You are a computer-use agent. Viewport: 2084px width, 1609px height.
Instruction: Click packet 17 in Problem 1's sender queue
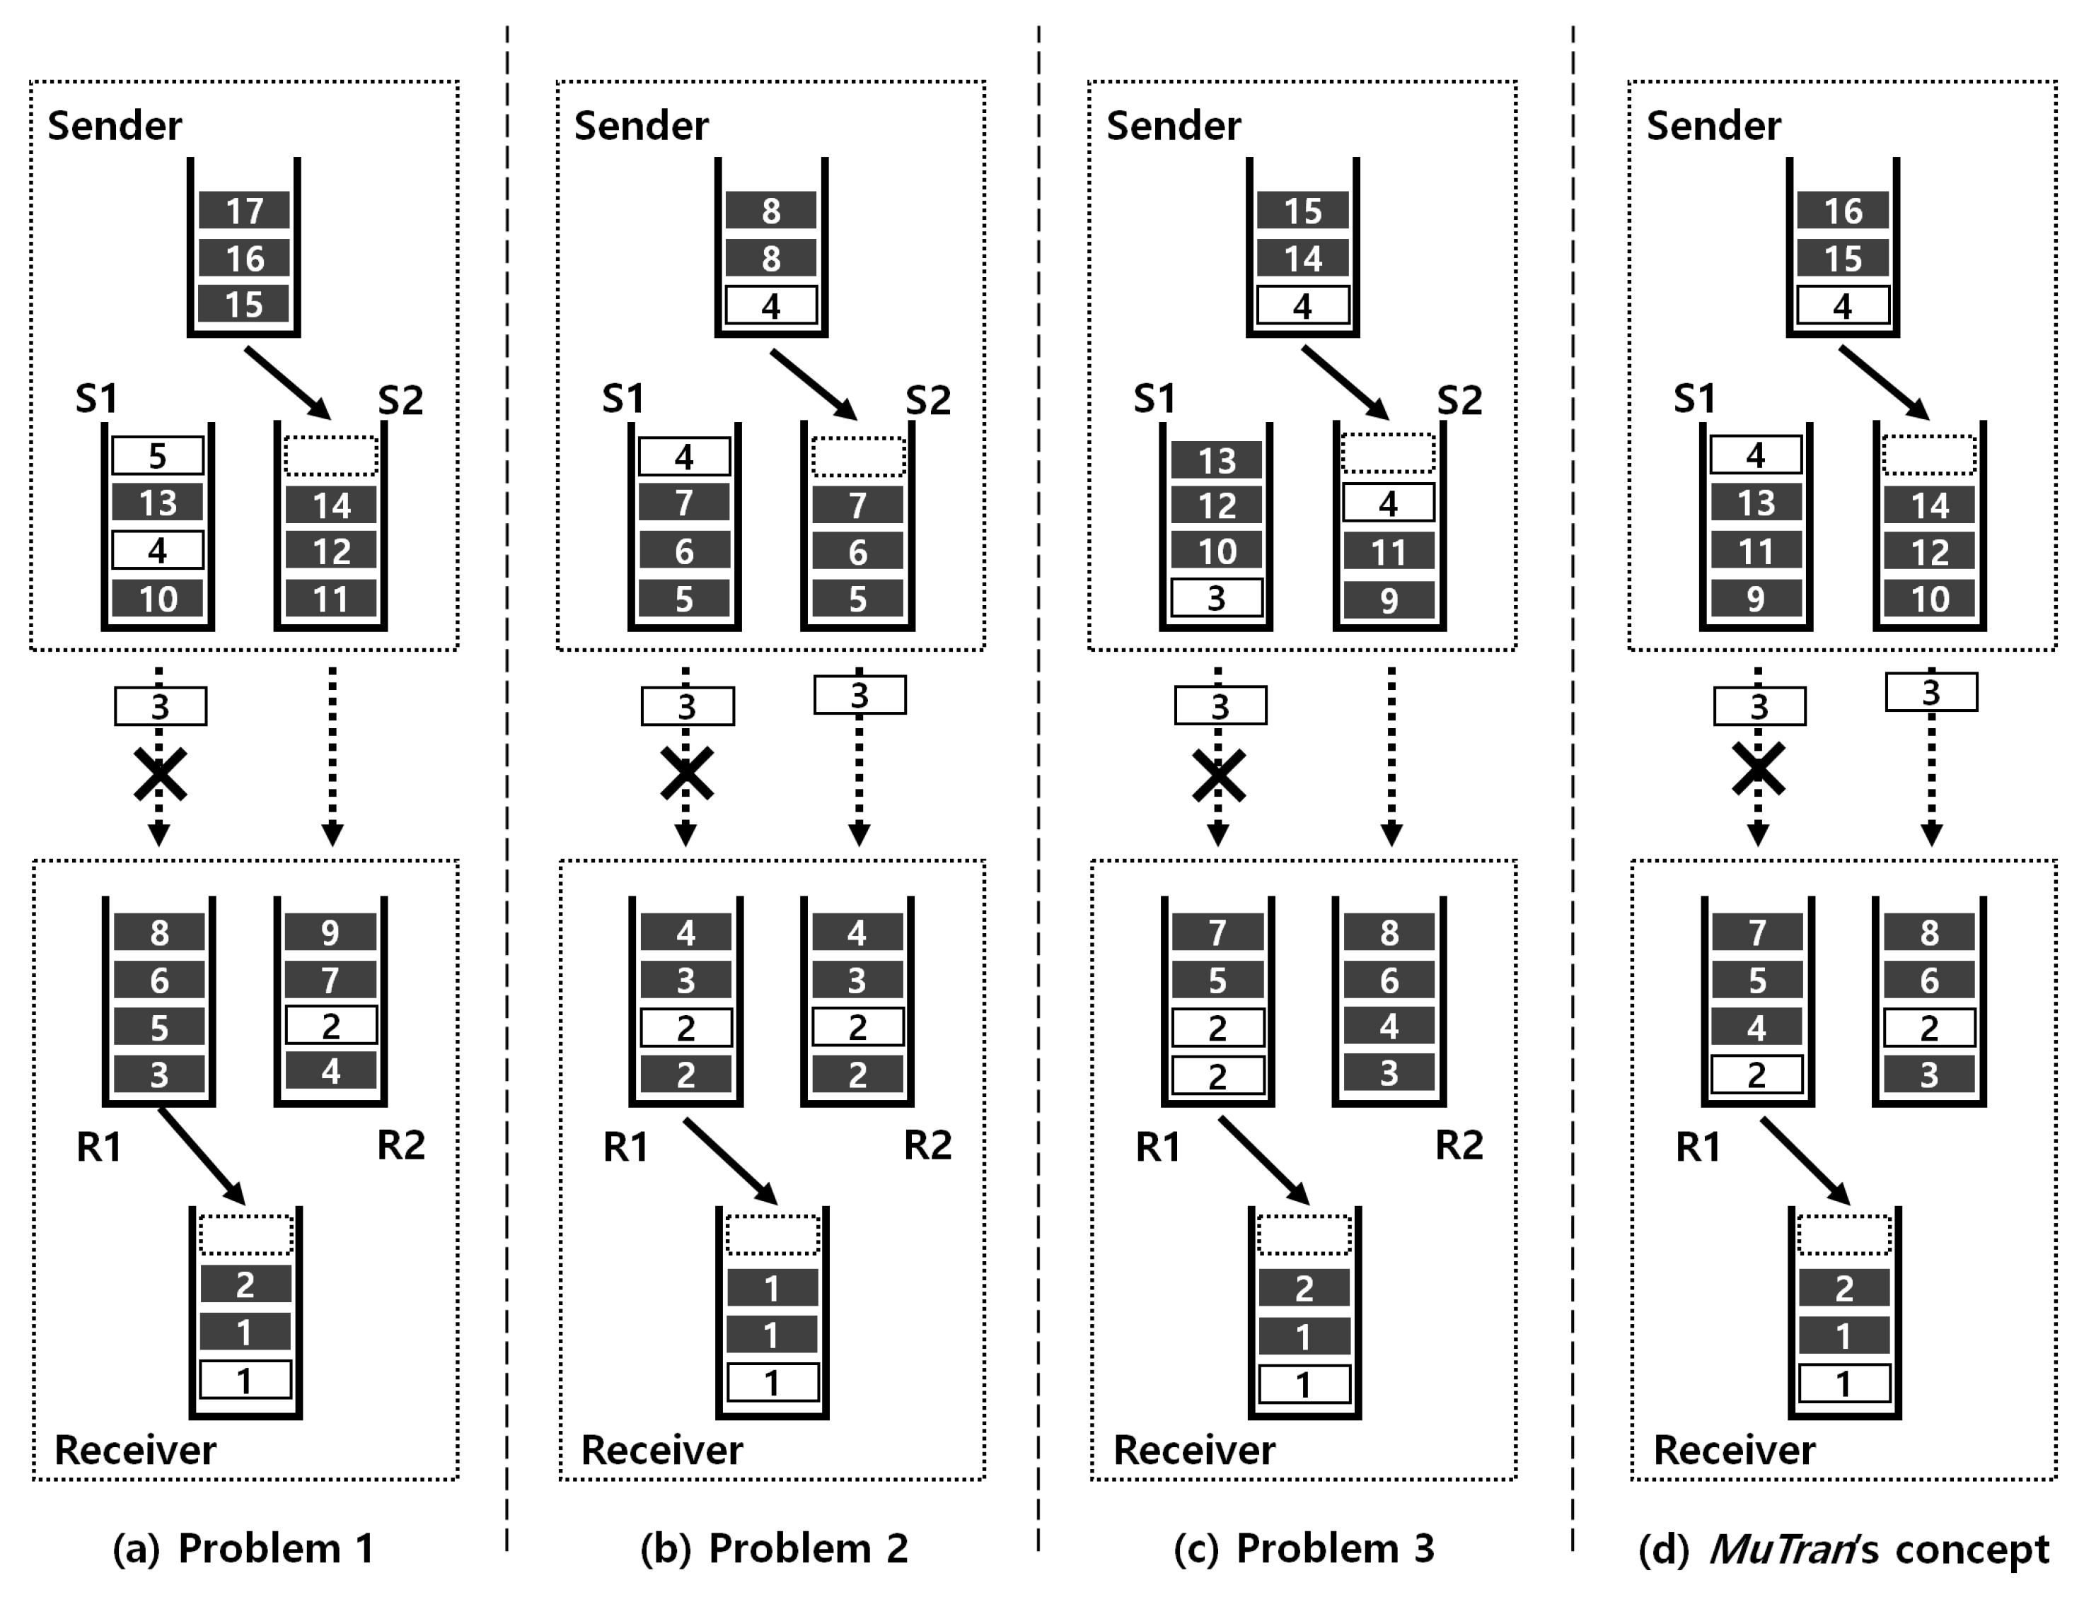pyautogui.click(x=244, y=210)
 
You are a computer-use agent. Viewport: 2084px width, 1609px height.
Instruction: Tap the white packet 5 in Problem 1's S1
pyautogui.click(x=158, y=456)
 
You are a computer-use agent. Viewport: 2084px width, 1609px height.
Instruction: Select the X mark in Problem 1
pyautogui.click(x=159, y=775)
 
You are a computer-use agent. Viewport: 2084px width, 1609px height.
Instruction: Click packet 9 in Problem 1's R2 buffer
pyautogui.click(x=330, y=932)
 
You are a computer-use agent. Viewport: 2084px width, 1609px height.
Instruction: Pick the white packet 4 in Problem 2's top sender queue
pyautogui.click(x=771, y=306)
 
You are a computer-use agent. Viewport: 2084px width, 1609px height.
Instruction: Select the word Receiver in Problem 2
pyautogui.click(x=661, y=1450)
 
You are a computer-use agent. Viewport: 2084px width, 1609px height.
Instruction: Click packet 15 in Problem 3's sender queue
pyautogui.click(x=1302, y=210)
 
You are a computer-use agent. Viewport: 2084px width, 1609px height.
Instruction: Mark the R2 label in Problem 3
pyautogui.click(x=1459, y=1145)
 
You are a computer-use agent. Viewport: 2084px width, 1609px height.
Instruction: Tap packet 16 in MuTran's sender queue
pyautogui.click(x=1843, y=210)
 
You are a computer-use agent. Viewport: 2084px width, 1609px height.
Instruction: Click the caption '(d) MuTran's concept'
pyautogui.click(x=1843, y=1549)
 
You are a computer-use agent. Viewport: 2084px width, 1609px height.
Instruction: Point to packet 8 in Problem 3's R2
pyautogui.click(x=1389, y=932)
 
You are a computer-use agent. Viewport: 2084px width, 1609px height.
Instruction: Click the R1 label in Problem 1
pyautogui.click(x=99, y=1147)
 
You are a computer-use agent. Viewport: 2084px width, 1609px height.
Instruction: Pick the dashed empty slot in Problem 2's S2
pyautogui.click(x=859, y=457)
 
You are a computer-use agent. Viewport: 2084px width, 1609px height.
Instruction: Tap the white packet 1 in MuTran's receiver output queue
pyautogui.click(x=1843, y=1383)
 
